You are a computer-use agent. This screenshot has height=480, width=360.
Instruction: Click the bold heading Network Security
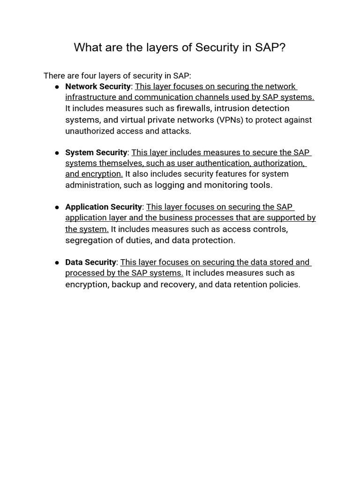97,86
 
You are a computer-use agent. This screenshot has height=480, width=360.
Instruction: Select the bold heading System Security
96,152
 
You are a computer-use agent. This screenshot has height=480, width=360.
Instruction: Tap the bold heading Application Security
104,207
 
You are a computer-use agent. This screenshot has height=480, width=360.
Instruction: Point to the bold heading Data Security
90,262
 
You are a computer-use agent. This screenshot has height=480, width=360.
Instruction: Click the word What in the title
88,47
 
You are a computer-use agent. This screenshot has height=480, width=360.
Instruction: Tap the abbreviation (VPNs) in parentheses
230,120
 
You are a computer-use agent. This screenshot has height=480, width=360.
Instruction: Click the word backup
126,284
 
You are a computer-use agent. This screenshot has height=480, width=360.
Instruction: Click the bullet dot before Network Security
57,87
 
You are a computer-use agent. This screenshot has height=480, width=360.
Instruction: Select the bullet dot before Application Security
57,207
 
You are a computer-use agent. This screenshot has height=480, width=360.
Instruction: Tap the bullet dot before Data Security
57,262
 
